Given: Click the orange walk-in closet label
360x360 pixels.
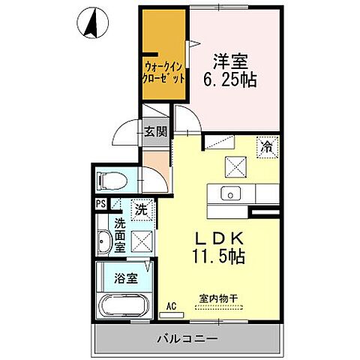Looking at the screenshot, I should (x=161, y=71).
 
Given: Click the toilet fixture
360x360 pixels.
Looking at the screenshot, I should (x=109, y=181).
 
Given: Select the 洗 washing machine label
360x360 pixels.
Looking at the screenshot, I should (x=140, y=210).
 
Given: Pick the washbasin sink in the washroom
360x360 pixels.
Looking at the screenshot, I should (x=105, y=243).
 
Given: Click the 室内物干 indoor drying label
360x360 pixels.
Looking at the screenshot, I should (x=217, y=299).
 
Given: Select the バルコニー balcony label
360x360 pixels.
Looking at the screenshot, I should (x=187, y=339).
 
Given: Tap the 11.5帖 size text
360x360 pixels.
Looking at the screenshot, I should (x=217, y=255).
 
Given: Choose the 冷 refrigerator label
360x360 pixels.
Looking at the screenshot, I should (x=266, y=148).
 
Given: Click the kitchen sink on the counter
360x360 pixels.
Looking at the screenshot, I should (x=229, y=193).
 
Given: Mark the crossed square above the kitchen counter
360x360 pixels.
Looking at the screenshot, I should (x=235, y=166).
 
